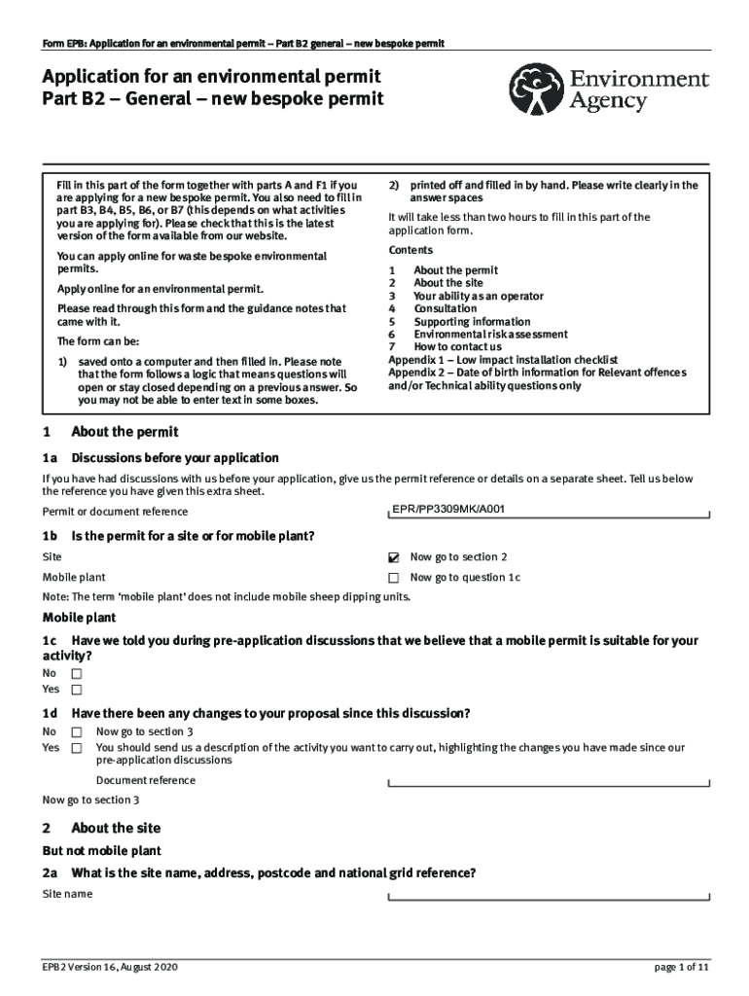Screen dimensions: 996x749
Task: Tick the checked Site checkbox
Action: [393, 558]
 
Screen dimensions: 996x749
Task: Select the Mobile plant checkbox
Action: [393, 578]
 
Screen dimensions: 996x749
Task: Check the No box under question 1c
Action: [77, 673]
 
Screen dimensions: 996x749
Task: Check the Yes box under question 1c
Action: [77, 690]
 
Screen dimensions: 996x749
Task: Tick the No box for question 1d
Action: [77, 731]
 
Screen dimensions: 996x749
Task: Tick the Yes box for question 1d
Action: [77, 748]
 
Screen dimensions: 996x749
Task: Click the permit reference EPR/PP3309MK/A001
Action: [448, 509]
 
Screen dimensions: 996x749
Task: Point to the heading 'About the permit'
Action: [125, 432]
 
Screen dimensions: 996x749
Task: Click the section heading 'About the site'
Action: [116, 828]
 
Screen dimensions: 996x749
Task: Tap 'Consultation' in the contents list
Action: [446, 308]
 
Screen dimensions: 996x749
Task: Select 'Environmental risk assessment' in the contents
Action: [477, 334]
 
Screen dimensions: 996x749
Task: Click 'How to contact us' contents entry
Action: [457, 346]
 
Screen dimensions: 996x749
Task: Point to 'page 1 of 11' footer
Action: [681, 968]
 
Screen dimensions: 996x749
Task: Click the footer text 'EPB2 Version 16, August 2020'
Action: [110, 968]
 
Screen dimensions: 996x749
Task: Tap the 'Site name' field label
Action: [68, 894]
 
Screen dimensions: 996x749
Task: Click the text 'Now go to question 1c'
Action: [465, 578]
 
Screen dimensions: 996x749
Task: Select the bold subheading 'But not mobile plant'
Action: [102, 850]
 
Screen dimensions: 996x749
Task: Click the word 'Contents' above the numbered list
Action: [410, 250]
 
